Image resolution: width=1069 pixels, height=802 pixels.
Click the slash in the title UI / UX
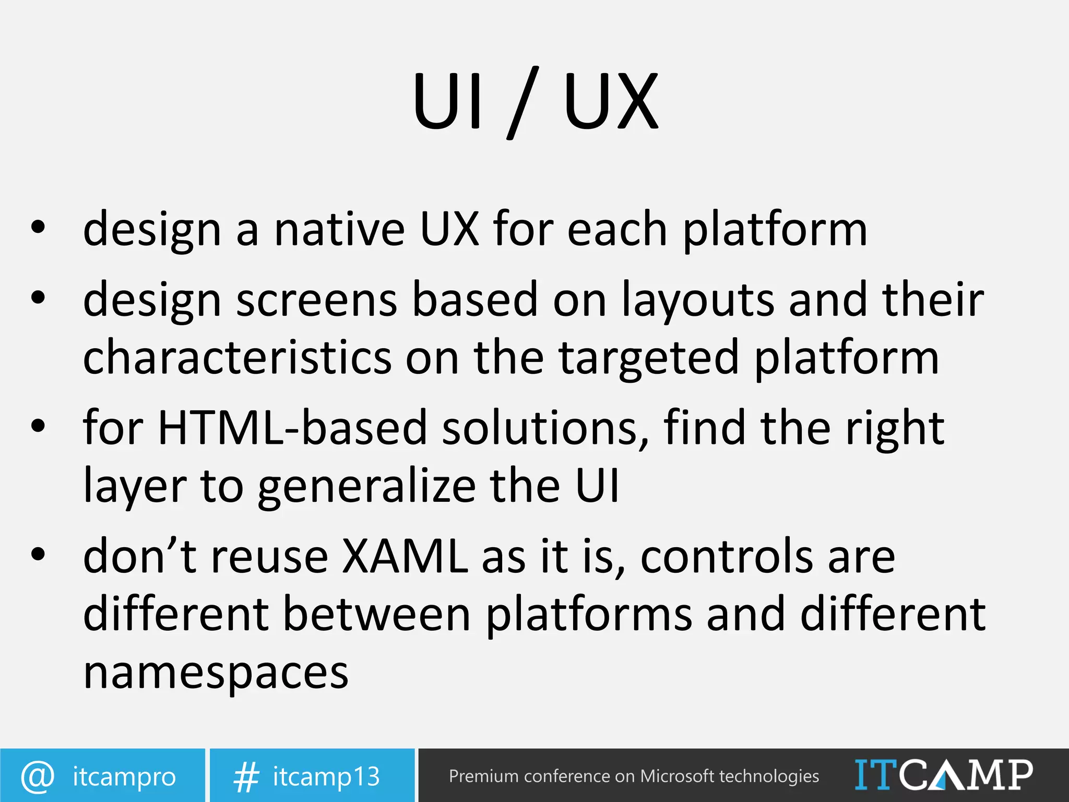pyautogui.click(x=522, y=102)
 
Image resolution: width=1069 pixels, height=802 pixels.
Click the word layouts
pyautogui.click(x=698, y=300)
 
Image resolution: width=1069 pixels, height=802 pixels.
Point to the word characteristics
pyautogui.click(x=237, y=357)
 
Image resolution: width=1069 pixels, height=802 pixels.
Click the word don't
pyautogui.click(x=140, y=556)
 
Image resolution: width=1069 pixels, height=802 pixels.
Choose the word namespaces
pyautogui.click(x=216, y=674)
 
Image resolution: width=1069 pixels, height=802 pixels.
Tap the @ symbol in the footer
pyautogui.click(x=38, y=776)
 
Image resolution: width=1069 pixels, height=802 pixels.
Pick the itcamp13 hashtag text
pyautogui.click(x=326, y=776)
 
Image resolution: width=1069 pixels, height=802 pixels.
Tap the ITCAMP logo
pyautogui.click(x=943, y=775)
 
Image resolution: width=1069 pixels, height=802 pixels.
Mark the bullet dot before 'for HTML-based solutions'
pyautogui.click(x=38, y=425)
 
